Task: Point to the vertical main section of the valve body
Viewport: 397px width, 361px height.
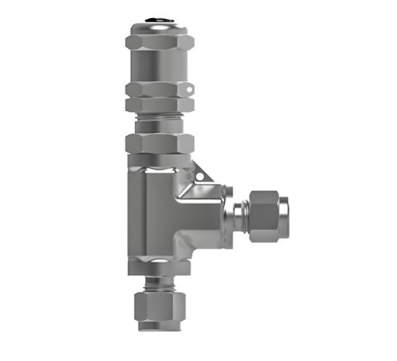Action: tap(150, 213)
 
